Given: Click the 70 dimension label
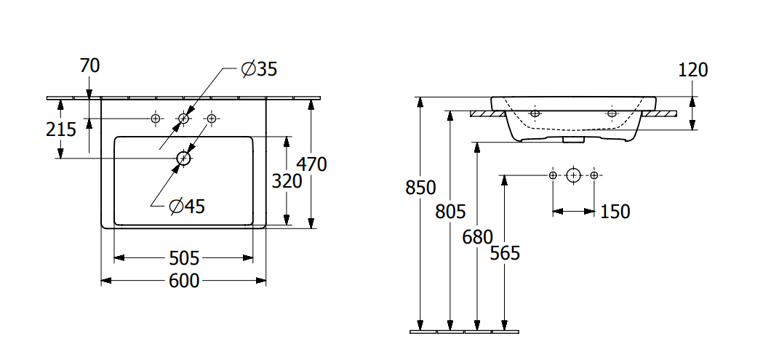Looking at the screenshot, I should [89, 65].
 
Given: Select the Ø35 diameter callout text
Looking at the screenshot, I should [259, 69].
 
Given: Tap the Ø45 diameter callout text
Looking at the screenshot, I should [186, 207].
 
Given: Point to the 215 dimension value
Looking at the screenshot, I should [61, 129].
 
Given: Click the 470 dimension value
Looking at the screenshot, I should [311, 164].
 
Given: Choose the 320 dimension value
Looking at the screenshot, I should [287, 181].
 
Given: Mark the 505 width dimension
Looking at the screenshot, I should [184, 257].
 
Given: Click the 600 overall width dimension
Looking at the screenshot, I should [184, 280].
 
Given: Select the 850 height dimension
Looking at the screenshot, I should [420, 188].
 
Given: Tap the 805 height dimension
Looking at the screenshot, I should [450, 212].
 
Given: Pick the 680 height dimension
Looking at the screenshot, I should [477, 236].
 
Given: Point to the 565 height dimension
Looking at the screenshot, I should [504, 252].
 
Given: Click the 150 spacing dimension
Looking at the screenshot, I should [615, 212].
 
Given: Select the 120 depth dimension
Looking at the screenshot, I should [692, 70].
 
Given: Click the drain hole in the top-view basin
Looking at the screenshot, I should [183, 158].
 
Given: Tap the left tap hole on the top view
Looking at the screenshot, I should [155, 118].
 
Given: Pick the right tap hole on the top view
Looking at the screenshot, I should [212, 118].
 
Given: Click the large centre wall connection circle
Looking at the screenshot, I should [574, 175].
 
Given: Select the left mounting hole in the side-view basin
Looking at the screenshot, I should [535, 113].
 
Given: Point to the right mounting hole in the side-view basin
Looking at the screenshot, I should [612, 113].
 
